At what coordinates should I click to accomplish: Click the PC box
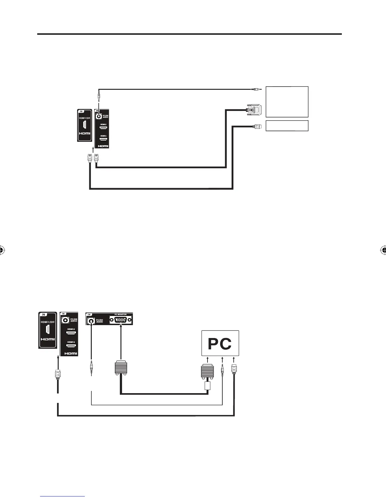[220, 343]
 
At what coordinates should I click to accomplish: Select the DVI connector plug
[254, 110]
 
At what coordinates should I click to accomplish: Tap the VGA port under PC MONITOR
[121, 320]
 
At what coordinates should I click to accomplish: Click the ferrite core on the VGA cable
[207, 386]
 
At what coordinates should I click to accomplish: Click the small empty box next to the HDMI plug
[287, 126]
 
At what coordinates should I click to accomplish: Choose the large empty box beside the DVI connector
[287, 101]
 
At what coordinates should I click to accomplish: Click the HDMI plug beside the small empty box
[256, 127]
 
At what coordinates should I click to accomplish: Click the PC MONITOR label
[120, 314]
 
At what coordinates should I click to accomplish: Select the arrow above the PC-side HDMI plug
[234, 360]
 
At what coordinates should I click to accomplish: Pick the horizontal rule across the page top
[190, 34]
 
